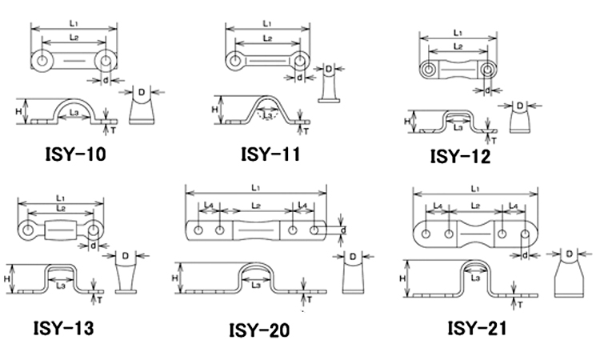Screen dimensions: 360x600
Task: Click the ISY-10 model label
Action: pyautogui.click(x=74, y=153)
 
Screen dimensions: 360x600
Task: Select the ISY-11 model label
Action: pyautogui.click(x=270, y=153)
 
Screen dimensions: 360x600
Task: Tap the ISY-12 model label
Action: pyautogui.click(x=460, y=155)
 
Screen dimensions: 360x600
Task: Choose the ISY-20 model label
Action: pyautogui.click(x=259, y=330)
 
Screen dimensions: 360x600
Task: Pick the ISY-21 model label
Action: pyautogui.click(x=477, y=327)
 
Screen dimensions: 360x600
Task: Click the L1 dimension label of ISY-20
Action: pyautogui.click(x=255, y=187)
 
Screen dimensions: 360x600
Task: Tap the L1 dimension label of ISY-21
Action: pyautogui.click(x=476, y=188)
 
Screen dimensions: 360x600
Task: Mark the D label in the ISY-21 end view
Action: pyautogui.click(x=567, y=254)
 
